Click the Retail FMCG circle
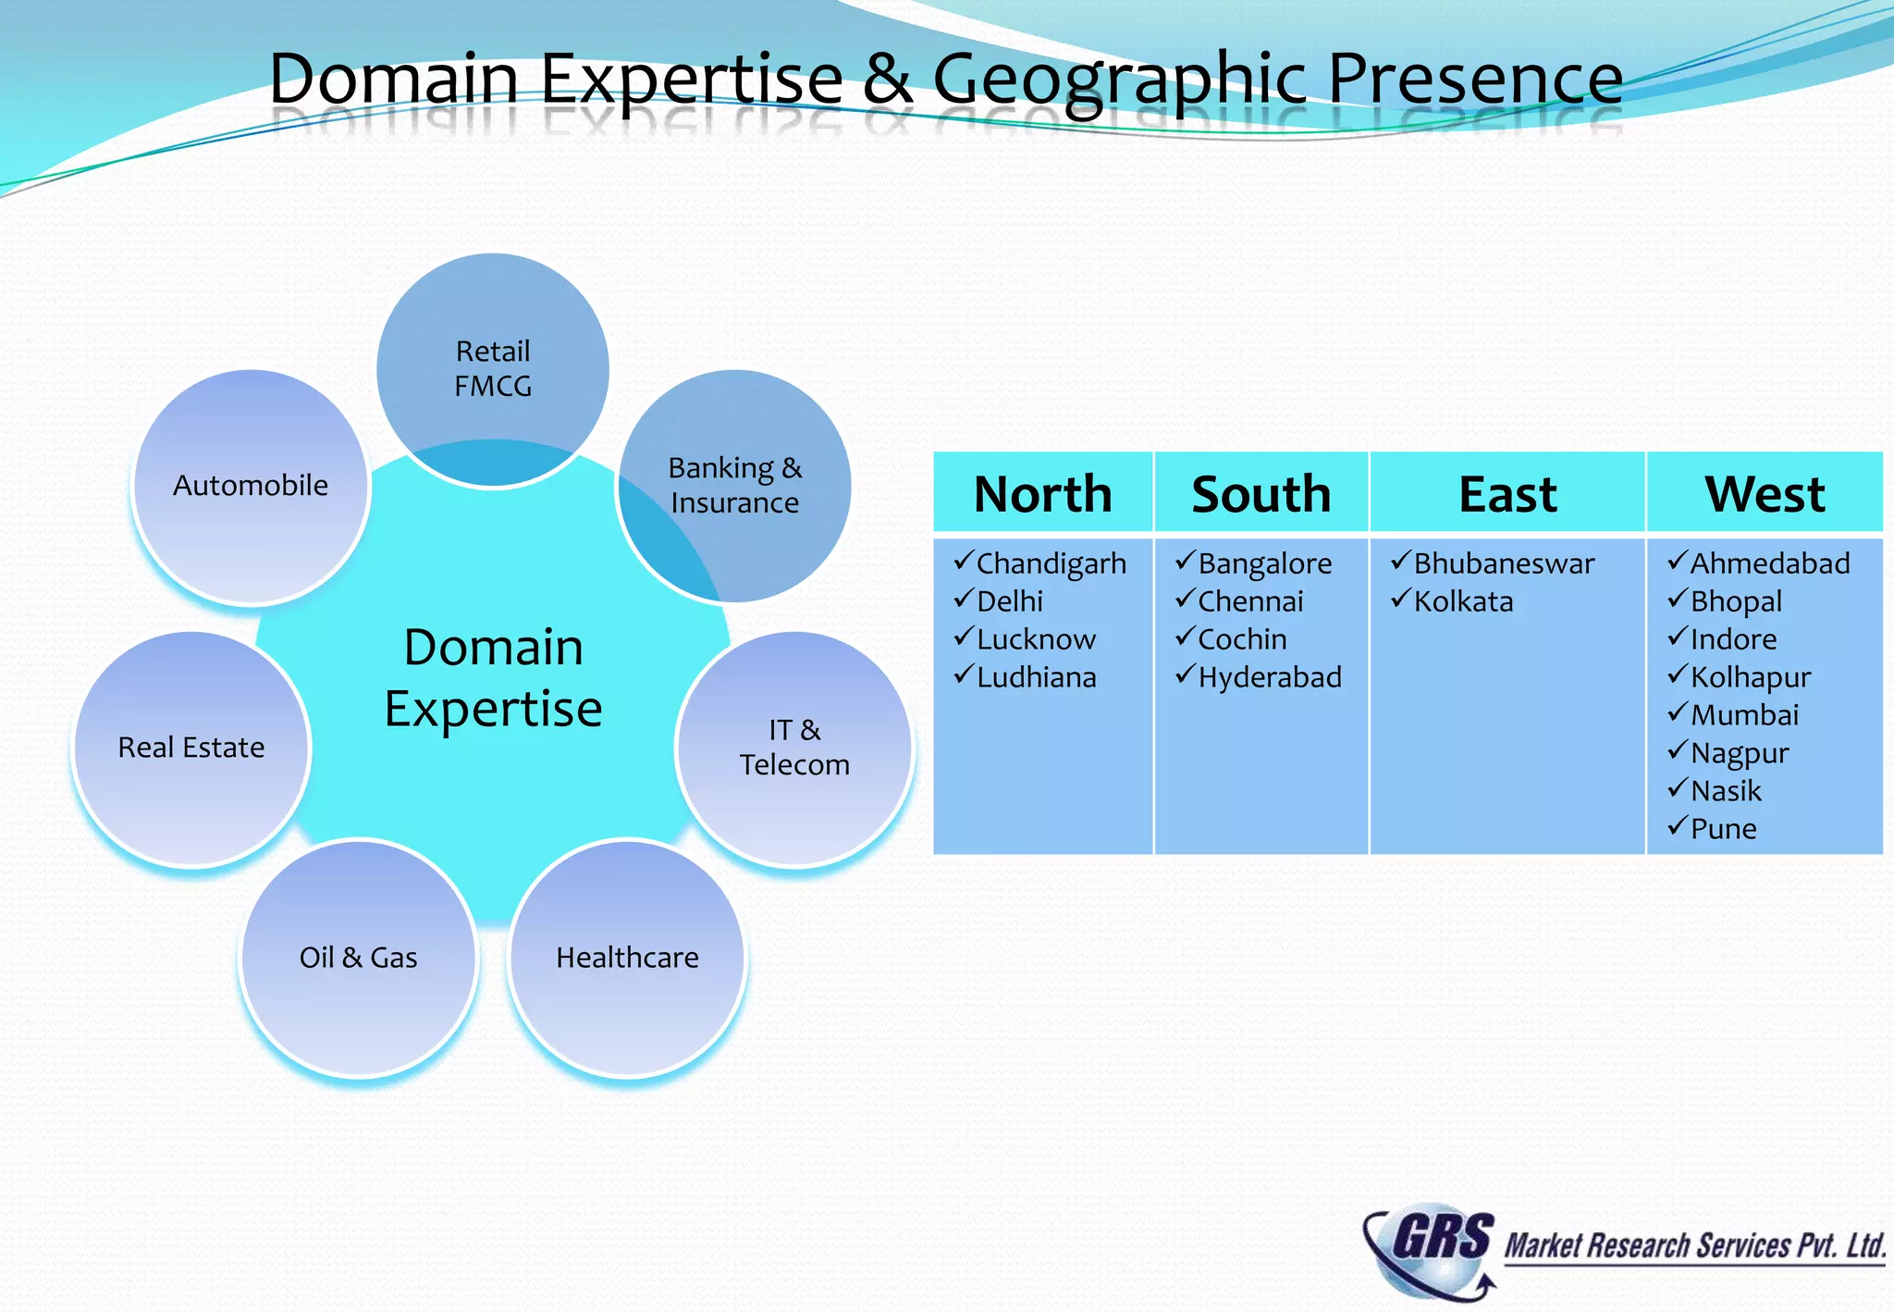[x=493, y=369]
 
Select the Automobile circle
[x=251, y=486]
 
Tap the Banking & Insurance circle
[x=735, y=486]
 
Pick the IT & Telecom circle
[x=794, y=748]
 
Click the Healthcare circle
[x=627, y=958]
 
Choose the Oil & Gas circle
[x=359, y=958]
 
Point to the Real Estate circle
[x=191, y=748]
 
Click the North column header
[x=1042, y=493]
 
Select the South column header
[x=1261, y=493]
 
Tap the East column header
[x=1507, y=493]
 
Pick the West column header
[x=1765, y=493]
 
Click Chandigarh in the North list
[x=1052, y=563]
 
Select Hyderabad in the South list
[x=1270, y=677]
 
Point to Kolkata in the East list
[x=1464, y=601]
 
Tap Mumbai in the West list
[x=1745, y=715]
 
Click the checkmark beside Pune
[x=1678, y=825]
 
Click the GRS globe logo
[x=1429, y=1249]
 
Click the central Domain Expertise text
[x=493, y=677]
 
